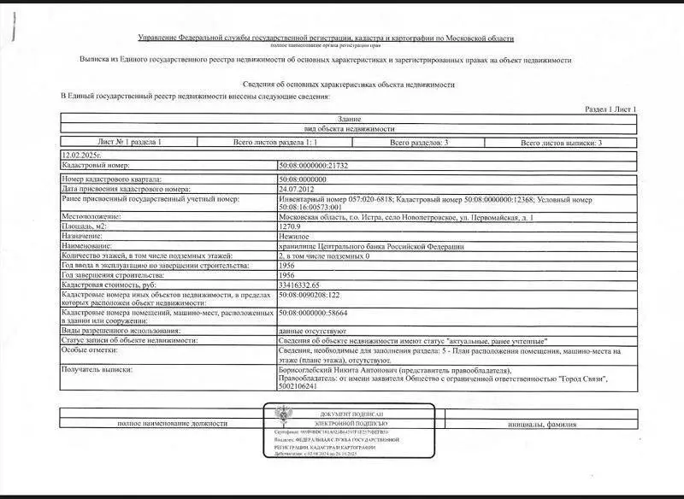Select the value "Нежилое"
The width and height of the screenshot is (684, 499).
click(295, 236)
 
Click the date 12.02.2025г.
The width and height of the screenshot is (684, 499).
click(81, 155)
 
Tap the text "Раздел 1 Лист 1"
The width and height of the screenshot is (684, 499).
click(610, 110)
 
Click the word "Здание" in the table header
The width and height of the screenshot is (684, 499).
click(349, 119)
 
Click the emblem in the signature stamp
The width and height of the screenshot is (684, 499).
click(280, 417)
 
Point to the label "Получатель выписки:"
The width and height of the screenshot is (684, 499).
click(97, 370)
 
